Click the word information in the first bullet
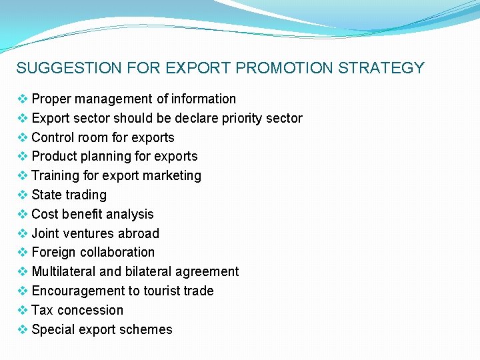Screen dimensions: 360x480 coord(204,99)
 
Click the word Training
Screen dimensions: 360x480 coord(56,175)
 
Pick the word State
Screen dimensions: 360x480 coord(47,195)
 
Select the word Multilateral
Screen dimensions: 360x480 coord(64,271)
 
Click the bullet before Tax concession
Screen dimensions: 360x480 coord(23,310)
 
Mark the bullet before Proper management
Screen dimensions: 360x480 coord(23,99)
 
